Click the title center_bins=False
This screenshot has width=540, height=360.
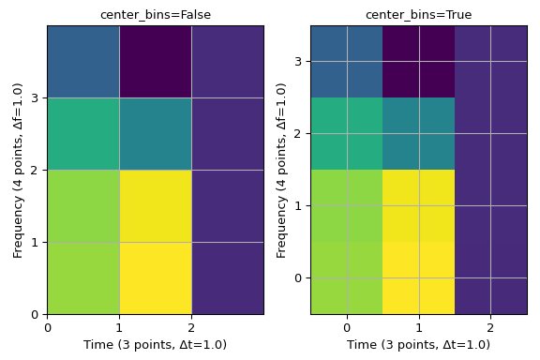coord(155,15)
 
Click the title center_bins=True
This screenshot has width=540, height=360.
coord(418,15)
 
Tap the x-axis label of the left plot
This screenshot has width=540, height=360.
coord(155,345)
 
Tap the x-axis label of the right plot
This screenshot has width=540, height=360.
coord(418,345)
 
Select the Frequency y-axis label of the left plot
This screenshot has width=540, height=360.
coord(18,170)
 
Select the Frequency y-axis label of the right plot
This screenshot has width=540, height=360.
coord(281,170)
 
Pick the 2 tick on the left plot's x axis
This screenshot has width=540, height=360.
coord(191,327)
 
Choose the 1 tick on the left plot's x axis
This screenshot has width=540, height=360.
coord(119,327)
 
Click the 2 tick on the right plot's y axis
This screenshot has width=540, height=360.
coord(299,134)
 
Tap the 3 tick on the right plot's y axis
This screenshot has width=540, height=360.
coord(299,62)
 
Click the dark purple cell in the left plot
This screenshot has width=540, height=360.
coord(155,62)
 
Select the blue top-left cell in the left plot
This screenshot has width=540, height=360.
coord(83,62)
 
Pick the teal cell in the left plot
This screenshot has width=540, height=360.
coord(155,134)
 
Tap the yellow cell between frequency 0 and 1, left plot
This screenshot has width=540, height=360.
coord(155,278)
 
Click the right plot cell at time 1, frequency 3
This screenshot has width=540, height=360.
coord(418,62)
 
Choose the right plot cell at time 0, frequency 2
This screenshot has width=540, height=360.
coord(347,134)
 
